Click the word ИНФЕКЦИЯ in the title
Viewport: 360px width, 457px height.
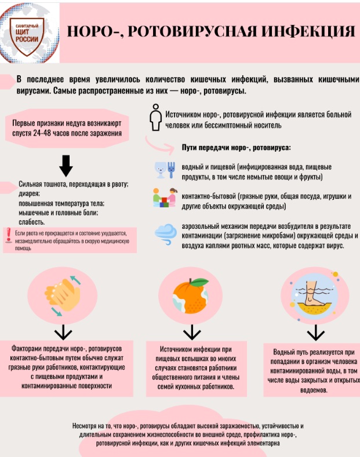click(307, 31)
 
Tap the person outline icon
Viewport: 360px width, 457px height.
click(155, 118)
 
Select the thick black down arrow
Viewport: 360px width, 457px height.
click(66, 166)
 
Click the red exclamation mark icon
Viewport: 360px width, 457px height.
click(9, 235)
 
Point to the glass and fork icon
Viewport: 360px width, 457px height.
click(165, 170)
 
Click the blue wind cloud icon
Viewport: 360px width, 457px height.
click(166, 234)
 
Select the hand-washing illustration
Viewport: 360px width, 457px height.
click(63, 295)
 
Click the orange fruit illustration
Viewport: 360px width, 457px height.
click(190, 296)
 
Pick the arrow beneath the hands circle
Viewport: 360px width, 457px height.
click(63, 332)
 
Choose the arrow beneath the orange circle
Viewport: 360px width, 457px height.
click(192, 332)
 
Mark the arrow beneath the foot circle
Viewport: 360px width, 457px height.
click(316, 333)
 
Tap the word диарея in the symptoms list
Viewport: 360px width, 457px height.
click(29, 193)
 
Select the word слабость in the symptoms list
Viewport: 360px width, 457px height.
click(31, 222)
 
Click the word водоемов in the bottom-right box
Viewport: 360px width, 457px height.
click(314, 390)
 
